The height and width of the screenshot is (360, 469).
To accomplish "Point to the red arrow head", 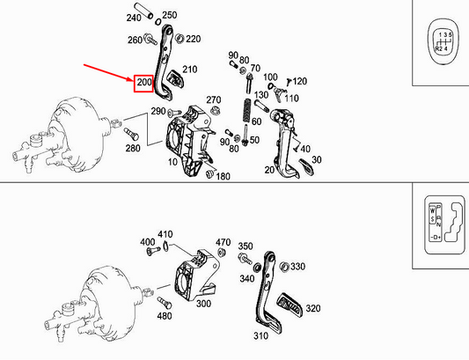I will click(130, 78).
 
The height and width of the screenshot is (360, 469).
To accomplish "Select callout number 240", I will click(134, 18).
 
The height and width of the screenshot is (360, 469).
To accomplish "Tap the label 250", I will click(170, 16).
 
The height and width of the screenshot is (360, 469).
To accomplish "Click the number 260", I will click(135, 40).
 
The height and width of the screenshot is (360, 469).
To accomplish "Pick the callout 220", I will click(194, 39).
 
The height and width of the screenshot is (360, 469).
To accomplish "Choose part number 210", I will click(190, 69).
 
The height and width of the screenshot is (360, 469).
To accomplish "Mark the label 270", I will click(214, 99).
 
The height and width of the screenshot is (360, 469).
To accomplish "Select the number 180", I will click(224, 177).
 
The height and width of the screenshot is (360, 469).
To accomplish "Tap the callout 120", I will click(300, 81).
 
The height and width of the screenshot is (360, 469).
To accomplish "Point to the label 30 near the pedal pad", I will click(318, 159).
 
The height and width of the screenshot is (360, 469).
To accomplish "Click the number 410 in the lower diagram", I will click(165, 235).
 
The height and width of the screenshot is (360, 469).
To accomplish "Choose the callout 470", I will click(223, 242).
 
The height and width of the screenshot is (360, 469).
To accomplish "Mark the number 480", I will click(164, 316).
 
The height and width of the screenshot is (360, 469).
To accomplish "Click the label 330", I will click(297, 267).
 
